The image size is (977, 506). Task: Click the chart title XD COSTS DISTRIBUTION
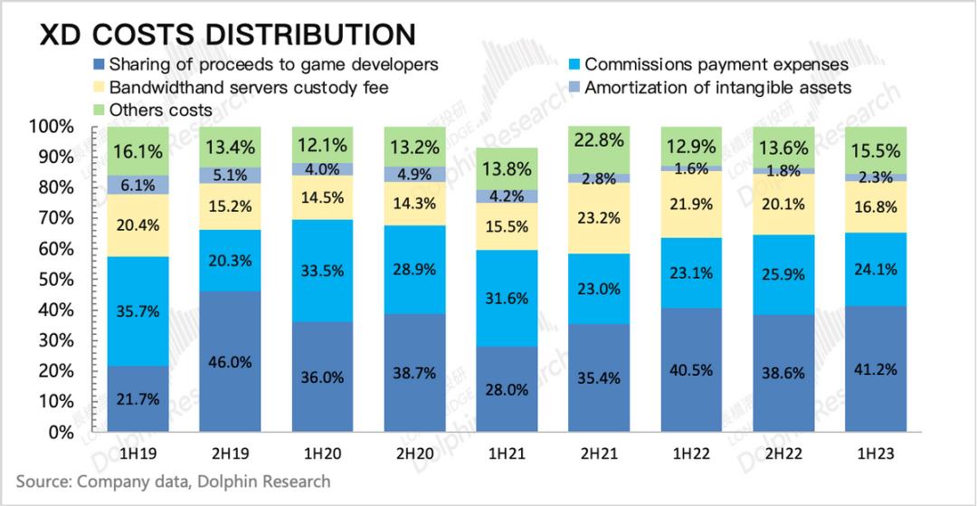coord(226,33)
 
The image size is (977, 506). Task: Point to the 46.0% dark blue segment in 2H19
coord(230,360)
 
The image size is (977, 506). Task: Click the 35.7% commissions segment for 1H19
coord(138,311)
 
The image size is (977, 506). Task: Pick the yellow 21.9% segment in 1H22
coord(690,205)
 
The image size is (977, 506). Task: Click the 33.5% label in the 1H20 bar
coord(322,269)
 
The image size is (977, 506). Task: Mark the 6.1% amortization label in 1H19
coord(138,185)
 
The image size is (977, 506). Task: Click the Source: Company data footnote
coord(173,481)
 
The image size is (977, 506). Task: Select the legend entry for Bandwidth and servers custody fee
coord(249,88)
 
